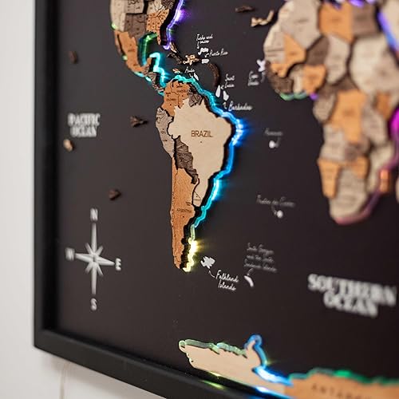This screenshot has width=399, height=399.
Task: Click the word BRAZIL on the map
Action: [201, 133]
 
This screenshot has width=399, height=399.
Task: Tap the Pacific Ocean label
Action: [84, 124]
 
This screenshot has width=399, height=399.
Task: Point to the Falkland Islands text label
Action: [227, 280]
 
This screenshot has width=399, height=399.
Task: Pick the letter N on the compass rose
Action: [94, 214]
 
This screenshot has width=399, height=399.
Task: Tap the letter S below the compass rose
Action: [93, 304]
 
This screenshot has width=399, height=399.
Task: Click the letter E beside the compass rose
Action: [119, 263]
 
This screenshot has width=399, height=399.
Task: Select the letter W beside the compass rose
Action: [69, 255]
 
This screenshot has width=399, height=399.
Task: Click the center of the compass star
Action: [94, 258]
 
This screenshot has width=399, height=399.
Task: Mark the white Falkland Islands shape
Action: [207, 262]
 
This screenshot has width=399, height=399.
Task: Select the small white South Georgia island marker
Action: [249, 279]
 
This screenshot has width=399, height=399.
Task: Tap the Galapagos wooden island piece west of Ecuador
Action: [137, 121]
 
